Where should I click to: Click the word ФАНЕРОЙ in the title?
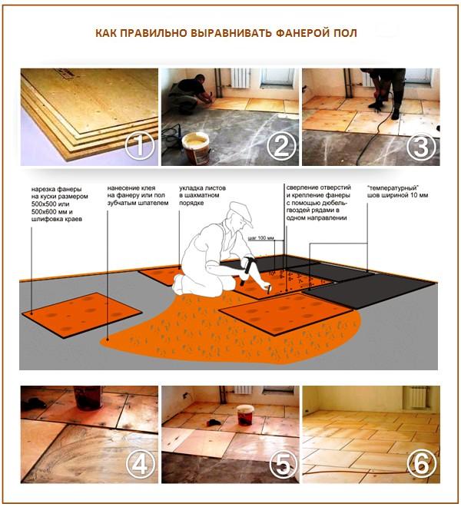[x=297, y=35]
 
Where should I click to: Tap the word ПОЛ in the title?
[x=345, y=35]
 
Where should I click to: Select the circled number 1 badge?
[x=138, y=146]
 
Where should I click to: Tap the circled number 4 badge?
[x=138, y=463]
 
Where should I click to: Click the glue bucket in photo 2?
[x=197, y=147]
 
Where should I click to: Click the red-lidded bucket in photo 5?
[x=246, y=416]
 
